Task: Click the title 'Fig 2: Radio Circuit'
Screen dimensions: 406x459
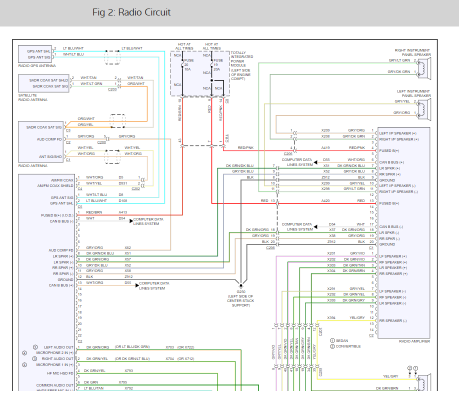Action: [131, 12]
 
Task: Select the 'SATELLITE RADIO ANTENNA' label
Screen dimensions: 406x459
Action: [33, 97]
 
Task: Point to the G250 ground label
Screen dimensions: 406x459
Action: [240, 291]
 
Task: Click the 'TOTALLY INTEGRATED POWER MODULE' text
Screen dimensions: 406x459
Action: [241, 65]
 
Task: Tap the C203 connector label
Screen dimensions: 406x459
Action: [112, 89]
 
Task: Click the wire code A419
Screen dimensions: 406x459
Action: [325, 148]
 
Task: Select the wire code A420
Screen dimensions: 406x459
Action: [325, 200]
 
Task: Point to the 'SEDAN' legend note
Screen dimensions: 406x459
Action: [342, 340]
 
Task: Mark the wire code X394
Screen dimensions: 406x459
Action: [331, 318]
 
